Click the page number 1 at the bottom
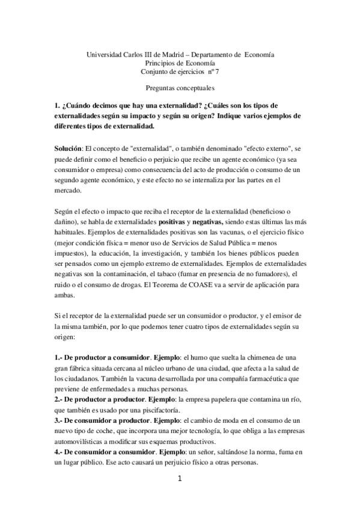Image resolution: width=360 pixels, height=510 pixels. [x=180, y=479]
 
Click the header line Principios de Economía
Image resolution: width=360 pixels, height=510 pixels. [x=180, y=63]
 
